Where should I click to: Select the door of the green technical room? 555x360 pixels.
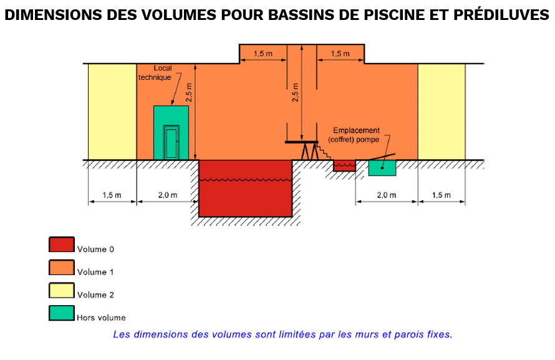click(x=171, y=143)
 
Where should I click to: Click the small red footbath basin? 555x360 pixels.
click(x=344, y=165)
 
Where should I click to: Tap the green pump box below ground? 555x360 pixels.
click(x=382, y=168)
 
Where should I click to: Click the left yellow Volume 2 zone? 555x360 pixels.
click(x=112, y=111)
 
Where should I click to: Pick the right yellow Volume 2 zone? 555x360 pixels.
click(x=441, y=111)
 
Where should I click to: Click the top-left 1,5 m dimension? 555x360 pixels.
click(x=263, y=54)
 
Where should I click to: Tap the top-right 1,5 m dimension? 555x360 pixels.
click(x=340, y=54)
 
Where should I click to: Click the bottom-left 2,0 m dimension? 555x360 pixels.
click(x=167, y=195)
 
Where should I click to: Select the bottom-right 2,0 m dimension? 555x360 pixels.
click(x=386, y=195)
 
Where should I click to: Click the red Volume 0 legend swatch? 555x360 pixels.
click(x=61, y=245)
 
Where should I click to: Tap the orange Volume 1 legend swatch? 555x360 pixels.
click(x=61, y=268)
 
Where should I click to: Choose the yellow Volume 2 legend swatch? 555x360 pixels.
click(x=61, y=290)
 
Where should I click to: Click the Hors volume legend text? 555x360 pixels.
click(x=102, y=318)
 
